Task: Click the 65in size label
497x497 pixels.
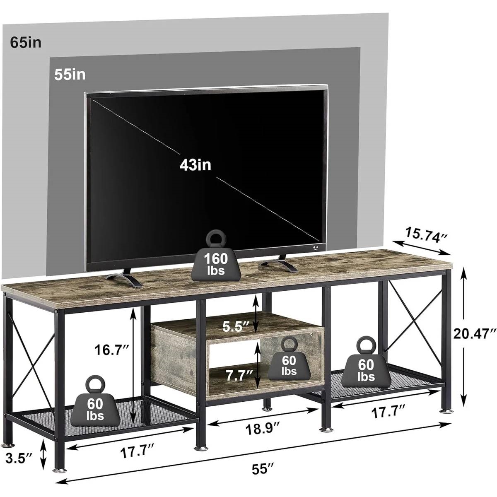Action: pyautogui.click(x=26, y=43)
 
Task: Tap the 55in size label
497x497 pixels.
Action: pyautogui.click(x=70, y=75)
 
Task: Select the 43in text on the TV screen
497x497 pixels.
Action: pyautogui.click(x=195, y=165)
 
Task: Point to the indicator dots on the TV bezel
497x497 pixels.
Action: pyautogui.click(x=316, y=247)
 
